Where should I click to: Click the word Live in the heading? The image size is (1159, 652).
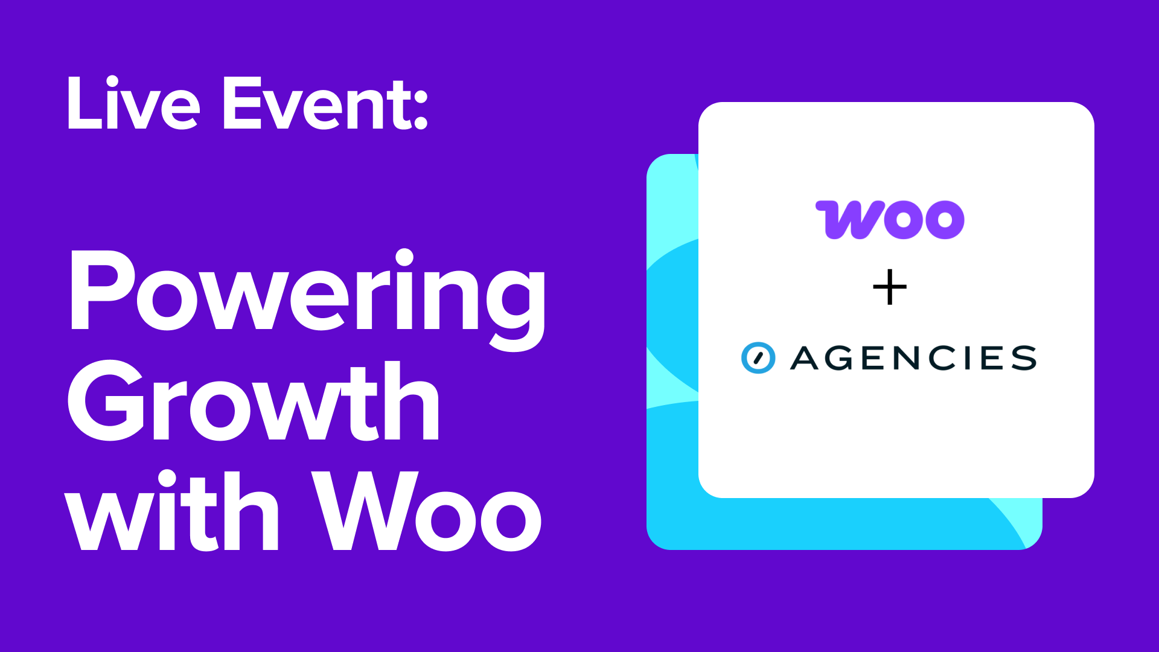(x=133, y=104)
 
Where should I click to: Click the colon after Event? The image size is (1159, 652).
(x=421, y=109)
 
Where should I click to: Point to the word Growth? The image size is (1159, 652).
(x=254, y=401)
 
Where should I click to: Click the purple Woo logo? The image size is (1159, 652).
(x=890, y=220)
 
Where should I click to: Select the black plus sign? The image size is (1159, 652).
(x=890, y=288)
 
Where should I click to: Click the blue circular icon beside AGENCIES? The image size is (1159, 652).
(x=758, y=358)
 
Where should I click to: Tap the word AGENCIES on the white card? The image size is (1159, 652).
(x=913, y=358)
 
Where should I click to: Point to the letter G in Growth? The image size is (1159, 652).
(x=106, y=401)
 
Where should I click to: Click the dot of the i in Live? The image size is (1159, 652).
(x=112, y=81)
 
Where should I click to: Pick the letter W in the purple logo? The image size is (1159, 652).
(x=845, y=220)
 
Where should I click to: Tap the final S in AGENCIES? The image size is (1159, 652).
(x=1024, y=358)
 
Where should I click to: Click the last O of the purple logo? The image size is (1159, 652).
(x=945, y=220)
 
